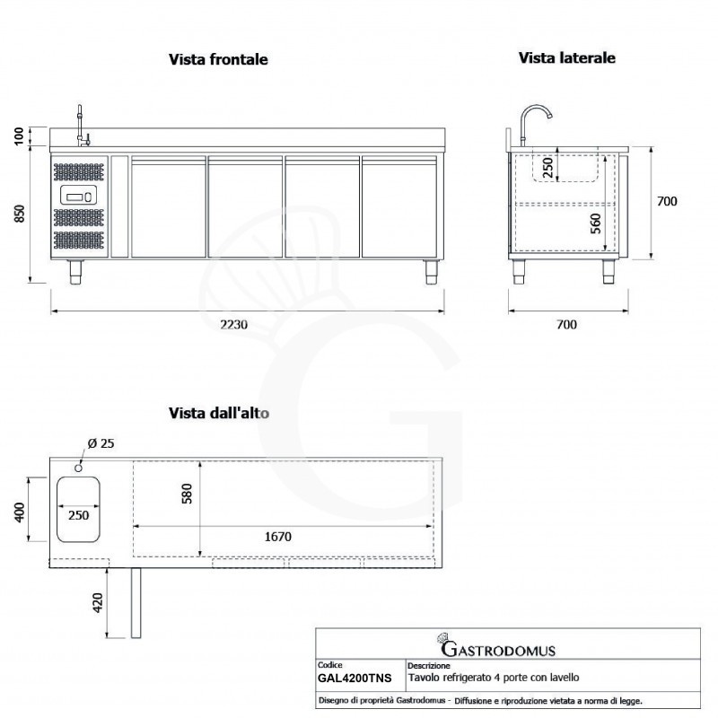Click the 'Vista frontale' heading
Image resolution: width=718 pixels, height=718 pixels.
click(219, 60)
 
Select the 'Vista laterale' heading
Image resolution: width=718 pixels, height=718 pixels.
click(566, 57)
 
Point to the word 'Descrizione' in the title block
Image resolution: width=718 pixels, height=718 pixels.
click(426, 667)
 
